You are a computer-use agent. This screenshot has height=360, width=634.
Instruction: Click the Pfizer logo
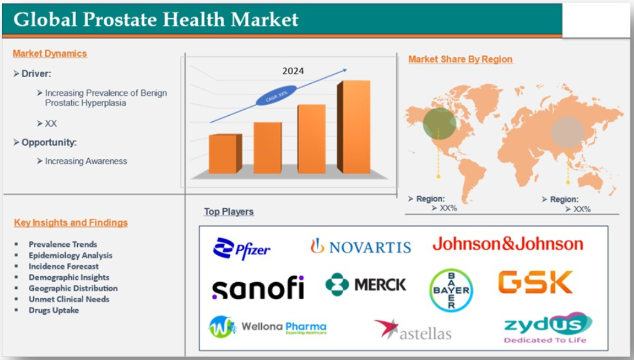[241, 248]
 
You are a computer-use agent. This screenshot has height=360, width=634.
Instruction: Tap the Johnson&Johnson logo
[508, 244]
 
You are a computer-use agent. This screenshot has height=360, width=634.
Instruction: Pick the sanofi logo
[258, 288]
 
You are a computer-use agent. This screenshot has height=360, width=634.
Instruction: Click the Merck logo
[366, 285]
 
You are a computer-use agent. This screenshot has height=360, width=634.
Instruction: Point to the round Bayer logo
[451, 290]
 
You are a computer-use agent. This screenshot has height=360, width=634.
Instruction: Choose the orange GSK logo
[535, 282]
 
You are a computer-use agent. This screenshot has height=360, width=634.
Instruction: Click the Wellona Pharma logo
[268, 327]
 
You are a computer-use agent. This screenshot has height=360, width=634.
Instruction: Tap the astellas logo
[413, 330]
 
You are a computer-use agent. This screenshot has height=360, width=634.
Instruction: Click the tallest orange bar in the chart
[354, 127]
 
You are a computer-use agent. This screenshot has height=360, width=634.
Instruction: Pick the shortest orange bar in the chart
[225, 154]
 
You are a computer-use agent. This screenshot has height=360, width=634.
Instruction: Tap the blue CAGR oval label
[276, 96]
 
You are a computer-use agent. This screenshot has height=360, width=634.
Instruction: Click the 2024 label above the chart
[293, 71]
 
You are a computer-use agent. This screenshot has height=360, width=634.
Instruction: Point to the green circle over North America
[440, 123]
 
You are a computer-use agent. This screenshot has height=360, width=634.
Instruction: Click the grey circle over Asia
[568, 132]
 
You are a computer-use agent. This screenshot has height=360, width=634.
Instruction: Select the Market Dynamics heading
[49, 53]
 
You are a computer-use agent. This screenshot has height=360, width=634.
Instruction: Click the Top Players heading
[229, 212]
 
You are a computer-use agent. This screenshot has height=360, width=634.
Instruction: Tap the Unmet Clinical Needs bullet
[69, 299]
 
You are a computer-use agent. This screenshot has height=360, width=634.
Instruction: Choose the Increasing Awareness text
[86, 161]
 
